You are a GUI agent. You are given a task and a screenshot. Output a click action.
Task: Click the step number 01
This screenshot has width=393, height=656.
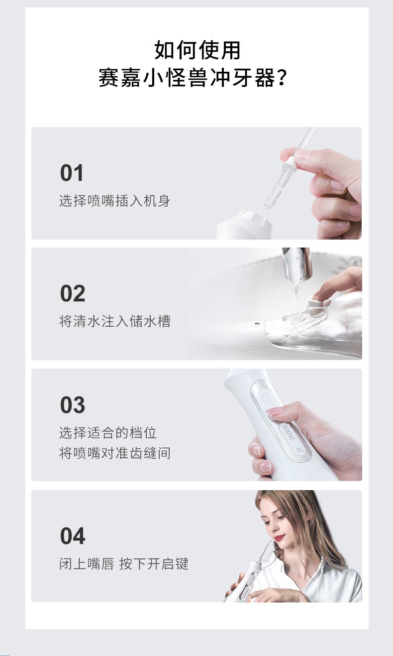[72, 173]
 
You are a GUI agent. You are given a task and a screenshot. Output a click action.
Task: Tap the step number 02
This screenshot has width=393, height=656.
[73, 293]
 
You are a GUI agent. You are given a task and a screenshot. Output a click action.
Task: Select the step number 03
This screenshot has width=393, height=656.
[73, 405]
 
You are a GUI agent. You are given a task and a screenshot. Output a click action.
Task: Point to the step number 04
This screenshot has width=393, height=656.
[73, 536]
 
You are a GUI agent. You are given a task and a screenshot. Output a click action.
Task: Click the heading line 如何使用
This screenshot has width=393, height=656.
[197, 50]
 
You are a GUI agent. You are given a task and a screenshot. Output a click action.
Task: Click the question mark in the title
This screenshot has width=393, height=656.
[282, 78]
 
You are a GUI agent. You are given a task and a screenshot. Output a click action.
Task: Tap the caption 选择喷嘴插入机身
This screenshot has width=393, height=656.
[114, 201]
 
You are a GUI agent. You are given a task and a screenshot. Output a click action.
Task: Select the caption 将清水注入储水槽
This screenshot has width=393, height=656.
[114, 321]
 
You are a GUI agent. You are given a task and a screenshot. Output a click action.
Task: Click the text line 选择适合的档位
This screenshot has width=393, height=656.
[108, 433]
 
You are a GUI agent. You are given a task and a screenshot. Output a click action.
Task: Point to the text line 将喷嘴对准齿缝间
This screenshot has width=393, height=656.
[114, 453]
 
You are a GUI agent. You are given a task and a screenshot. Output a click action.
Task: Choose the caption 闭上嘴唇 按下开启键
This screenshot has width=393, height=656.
[124, 564]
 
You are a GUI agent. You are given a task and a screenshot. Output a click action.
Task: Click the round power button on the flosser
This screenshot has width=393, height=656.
[266, 398]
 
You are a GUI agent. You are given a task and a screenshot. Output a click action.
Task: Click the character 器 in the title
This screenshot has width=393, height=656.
[266, 78]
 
